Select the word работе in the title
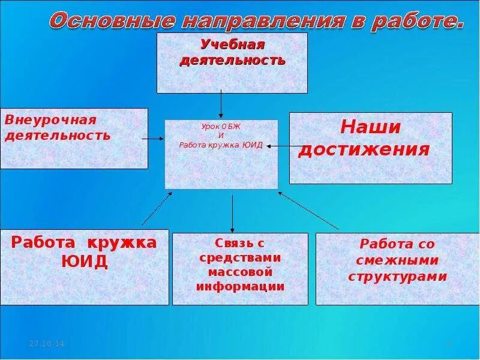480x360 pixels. [x=417, y=22]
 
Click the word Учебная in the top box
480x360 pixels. [x=233, y=44]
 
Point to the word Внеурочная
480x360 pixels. [x=50, y=119]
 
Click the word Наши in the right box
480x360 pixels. [x=370, y=127]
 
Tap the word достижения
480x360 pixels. [x=364, y=149]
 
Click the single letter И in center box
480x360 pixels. [x=221, y=136]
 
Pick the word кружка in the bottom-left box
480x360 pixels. [x=122, y=242]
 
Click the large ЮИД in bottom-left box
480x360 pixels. [x=85, y=262]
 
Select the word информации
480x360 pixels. [x=240, y=286]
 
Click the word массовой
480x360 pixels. [x=240, y=272]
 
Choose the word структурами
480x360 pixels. [x=397, y=277]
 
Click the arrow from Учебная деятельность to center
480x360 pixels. [x=221, y=103]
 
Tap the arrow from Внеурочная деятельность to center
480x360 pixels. [x=154, y=139]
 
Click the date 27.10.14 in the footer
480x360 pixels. [x=47, y=343]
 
